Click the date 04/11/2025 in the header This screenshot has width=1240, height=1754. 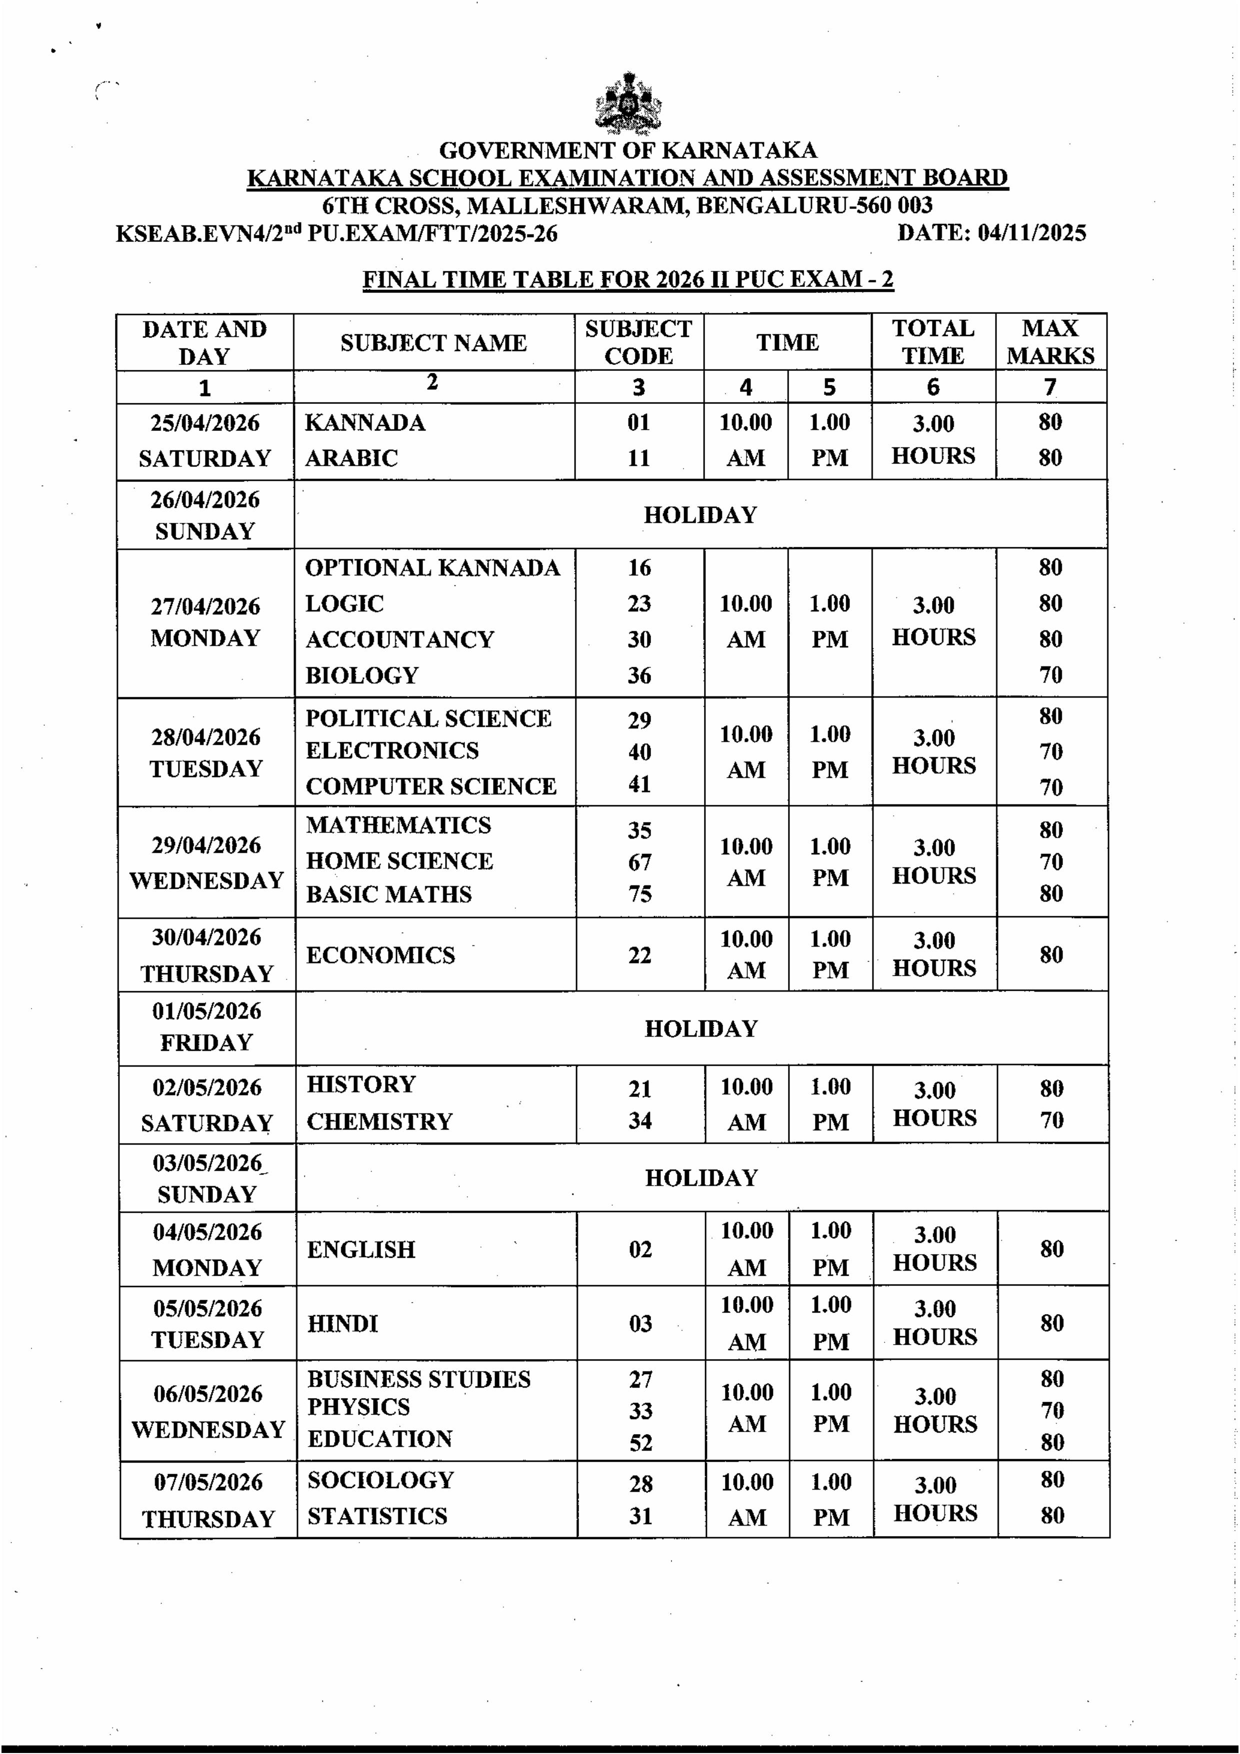(x=1031, y=232)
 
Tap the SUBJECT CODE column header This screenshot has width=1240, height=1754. (x=638, y=342)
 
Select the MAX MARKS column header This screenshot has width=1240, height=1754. (x=1050, y=342)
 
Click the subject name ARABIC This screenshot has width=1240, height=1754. (x=351, y=457)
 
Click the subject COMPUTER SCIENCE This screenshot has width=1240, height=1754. (x=431, y=786)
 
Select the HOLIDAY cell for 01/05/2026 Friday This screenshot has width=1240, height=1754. (x=700, y=1028)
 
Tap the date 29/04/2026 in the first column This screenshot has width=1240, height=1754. (x=206, y=845)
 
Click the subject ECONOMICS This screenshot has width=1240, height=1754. (x=380, y=955)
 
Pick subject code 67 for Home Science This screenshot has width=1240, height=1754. (x=639, y=862)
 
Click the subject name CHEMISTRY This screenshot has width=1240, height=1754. (x=379, y=1122)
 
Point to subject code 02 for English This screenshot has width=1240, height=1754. (x=639, y=1249)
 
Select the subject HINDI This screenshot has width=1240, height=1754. (x=342, y=1323)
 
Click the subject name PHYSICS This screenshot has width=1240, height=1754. (x=358, y=1407)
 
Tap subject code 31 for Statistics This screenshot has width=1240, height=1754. (x=640, y=1516)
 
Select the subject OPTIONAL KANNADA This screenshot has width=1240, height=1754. (x=432, y=568)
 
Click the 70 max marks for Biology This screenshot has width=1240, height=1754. (x=1050, y=674)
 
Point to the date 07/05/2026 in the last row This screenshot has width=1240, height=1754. (x=208, y=1482)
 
